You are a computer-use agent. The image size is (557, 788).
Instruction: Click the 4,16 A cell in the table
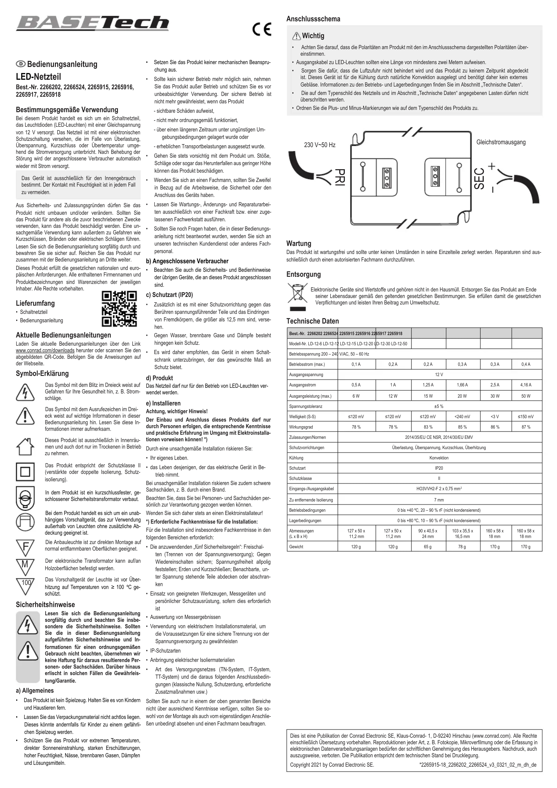(x=525, y=385)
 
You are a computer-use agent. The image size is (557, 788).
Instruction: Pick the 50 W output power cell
(x=525, y=396)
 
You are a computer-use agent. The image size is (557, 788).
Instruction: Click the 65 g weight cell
(x=428, y=547)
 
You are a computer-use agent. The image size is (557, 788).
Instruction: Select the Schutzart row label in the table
(x=297, y=468)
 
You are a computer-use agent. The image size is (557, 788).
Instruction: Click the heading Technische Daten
(x=312, y=321)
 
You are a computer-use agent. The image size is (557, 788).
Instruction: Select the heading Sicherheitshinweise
(x=45, y=605)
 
